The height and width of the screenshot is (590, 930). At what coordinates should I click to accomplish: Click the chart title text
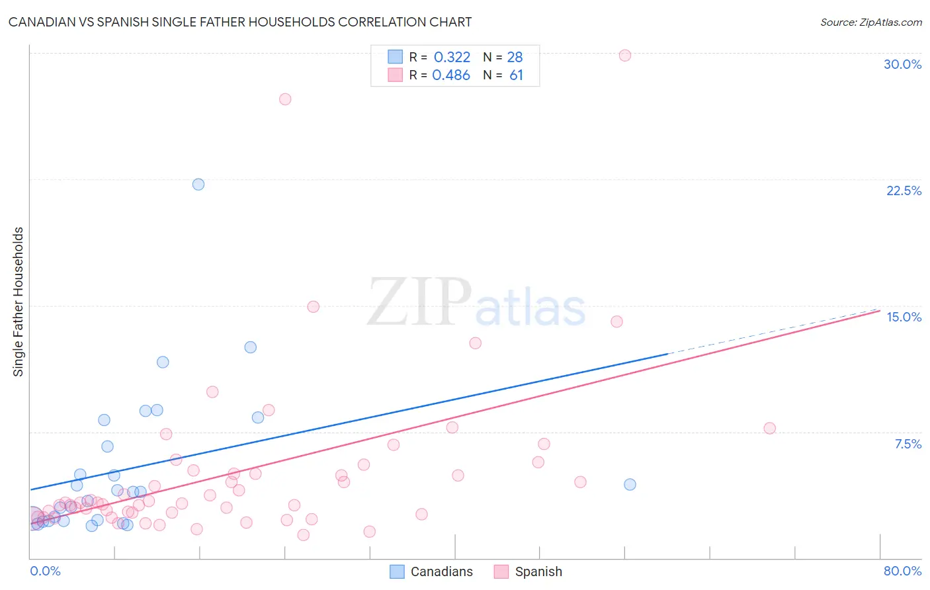[x=240, y=22]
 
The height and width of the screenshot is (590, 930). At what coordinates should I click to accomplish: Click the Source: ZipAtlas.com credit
[x=870, y=22]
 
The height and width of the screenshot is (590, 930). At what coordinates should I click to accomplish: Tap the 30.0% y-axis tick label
[x=902, y=64]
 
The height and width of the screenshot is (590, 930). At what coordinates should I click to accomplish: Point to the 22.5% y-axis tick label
[x=904, y=190]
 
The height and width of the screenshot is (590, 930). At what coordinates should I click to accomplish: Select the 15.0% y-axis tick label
[x=904, y=317]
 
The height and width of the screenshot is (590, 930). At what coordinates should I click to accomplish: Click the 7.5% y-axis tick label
[x=908, y=444]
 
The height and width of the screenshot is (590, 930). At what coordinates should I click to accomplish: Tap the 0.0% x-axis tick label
[x=45, y=571]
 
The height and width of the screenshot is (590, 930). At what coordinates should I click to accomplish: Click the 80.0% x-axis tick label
[x=902, y=571]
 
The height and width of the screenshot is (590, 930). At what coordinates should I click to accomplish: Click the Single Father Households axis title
[x=19, y=302]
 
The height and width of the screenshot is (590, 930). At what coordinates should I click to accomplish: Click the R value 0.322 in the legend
[x=452, y=57]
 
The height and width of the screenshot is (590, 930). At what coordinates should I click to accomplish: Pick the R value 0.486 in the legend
[x=451, y=75]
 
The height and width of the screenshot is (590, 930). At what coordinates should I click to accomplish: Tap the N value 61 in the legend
[x=516, y=75]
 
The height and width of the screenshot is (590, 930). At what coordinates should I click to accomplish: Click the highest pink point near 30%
[x=625, y=56]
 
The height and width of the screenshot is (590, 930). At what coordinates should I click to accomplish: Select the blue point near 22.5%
[x=198, y=185]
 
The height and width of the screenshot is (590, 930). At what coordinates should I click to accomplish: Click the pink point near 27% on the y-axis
[x=285, y=99]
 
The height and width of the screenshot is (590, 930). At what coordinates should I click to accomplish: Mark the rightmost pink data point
[x=769, y=428]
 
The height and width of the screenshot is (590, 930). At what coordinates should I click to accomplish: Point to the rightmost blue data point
[x=630, y=484]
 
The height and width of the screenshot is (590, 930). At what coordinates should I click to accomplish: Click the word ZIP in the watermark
[x=419, y=302]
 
